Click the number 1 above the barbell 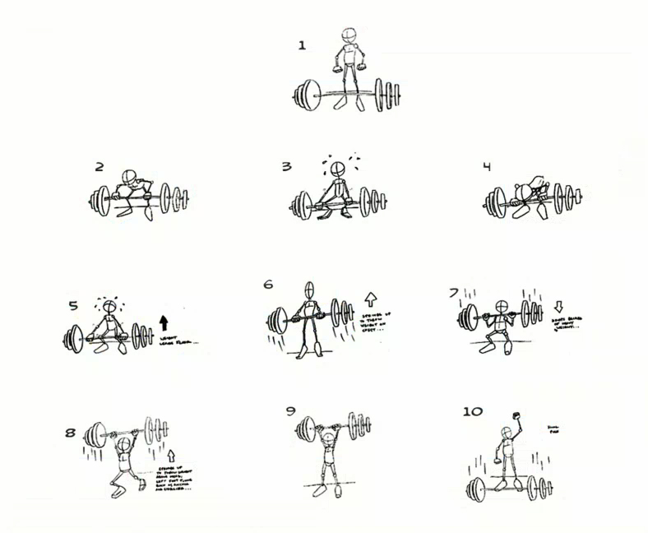click(302, 46)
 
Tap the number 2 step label click(100, 167)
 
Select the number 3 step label click(286, 167)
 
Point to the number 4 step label click(487, 167)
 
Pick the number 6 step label click(268, 285)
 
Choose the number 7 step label click(453, 293)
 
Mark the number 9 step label click(290, 410)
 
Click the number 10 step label click(473, 410)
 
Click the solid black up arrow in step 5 click(163, 322)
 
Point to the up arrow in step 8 click(171, 455)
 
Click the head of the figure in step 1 click(349, 37)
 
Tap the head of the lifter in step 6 click(309, 290)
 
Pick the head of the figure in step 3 click(337, 170)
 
